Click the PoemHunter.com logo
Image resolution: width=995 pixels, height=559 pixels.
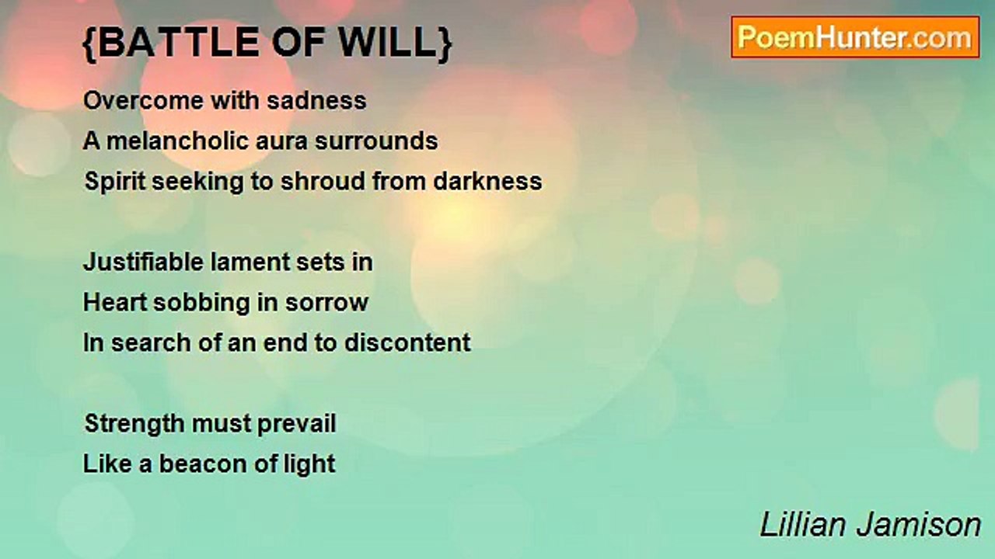coord(855,37)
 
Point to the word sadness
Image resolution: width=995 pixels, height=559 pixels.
coord(316,100)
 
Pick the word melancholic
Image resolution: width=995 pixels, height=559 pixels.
coord(177,141)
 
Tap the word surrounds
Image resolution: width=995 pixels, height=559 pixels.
coord(376,141)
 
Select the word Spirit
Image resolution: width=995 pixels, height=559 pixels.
coord(114,182)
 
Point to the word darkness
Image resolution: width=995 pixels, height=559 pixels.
coord(487,181)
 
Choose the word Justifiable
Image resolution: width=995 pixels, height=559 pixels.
coord(143,262)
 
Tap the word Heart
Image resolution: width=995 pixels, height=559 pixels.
coord(114,303)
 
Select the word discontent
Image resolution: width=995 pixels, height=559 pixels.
coord(407,342)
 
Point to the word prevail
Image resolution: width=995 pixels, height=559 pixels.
coord(297,425)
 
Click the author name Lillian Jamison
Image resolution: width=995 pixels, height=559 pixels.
coord(870,526)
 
